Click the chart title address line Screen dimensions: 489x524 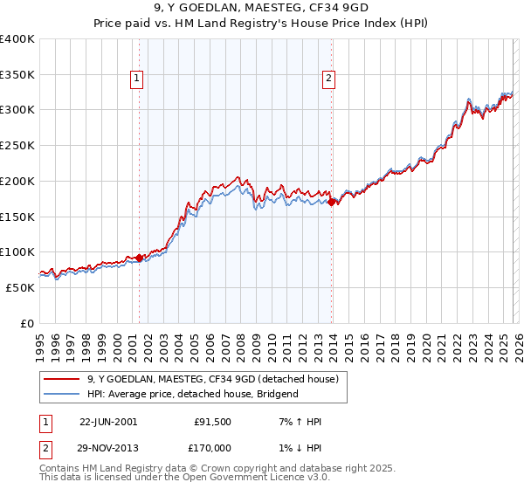(261, 8)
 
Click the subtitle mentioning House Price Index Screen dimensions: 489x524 (261, 24)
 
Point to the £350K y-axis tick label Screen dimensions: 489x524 (17, 75)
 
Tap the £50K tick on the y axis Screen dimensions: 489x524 (21, 287)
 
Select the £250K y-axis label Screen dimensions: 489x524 (17, 146)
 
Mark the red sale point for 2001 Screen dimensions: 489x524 (139, 258)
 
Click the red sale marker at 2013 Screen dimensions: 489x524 (332, 203)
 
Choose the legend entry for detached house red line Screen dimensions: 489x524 (218, 379)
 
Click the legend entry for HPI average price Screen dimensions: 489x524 (192, 394)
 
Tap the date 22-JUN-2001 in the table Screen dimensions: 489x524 (108, 422)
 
